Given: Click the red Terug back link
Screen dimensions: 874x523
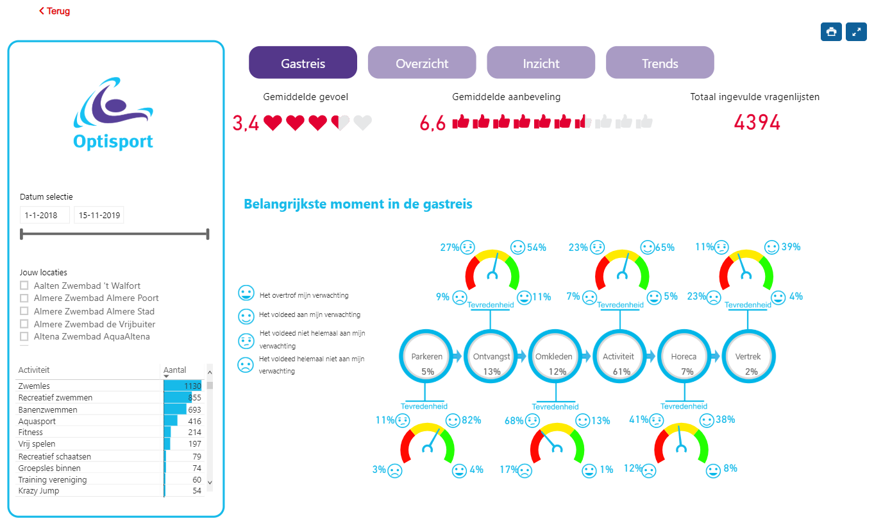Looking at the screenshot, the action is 55,11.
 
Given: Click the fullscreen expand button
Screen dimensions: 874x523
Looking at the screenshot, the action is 856,32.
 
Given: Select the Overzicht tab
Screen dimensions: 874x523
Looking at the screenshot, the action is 422,63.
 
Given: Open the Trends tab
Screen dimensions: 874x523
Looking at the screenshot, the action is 660,63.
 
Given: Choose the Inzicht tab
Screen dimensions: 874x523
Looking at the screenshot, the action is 541,63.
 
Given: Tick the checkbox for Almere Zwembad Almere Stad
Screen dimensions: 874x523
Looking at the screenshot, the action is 24,311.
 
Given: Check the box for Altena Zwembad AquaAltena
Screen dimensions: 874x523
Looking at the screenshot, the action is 24,336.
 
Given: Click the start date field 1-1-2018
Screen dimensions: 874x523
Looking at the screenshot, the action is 44,215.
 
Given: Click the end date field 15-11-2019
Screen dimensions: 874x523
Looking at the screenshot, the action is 99,215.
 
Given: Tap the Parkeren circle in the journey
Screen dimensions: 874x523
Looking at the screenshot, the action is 426,356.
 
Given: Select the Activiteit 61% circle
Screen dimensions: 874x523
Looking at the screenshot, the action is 619,356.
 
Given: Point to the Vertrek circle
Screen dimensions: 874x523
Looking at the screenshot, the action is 748,356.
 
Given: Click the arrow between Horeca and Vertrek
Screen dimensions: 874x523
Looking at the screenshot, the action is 715,356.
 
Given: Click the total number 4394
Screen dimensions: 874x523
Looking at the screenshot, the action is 757,123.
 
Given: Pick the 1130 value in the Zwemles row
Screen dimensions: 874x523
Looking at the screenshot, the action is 192,386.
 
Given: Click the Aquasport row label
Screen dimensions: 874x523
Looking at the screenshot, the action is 37,421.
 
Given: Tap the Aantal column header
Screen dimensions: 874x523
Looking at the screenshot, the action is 174,370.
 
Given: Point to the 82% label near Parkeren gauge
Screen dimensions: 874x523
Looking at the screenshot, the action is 471,420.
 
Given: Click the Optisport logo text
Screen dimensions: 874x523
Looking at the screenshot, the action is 113,141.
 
